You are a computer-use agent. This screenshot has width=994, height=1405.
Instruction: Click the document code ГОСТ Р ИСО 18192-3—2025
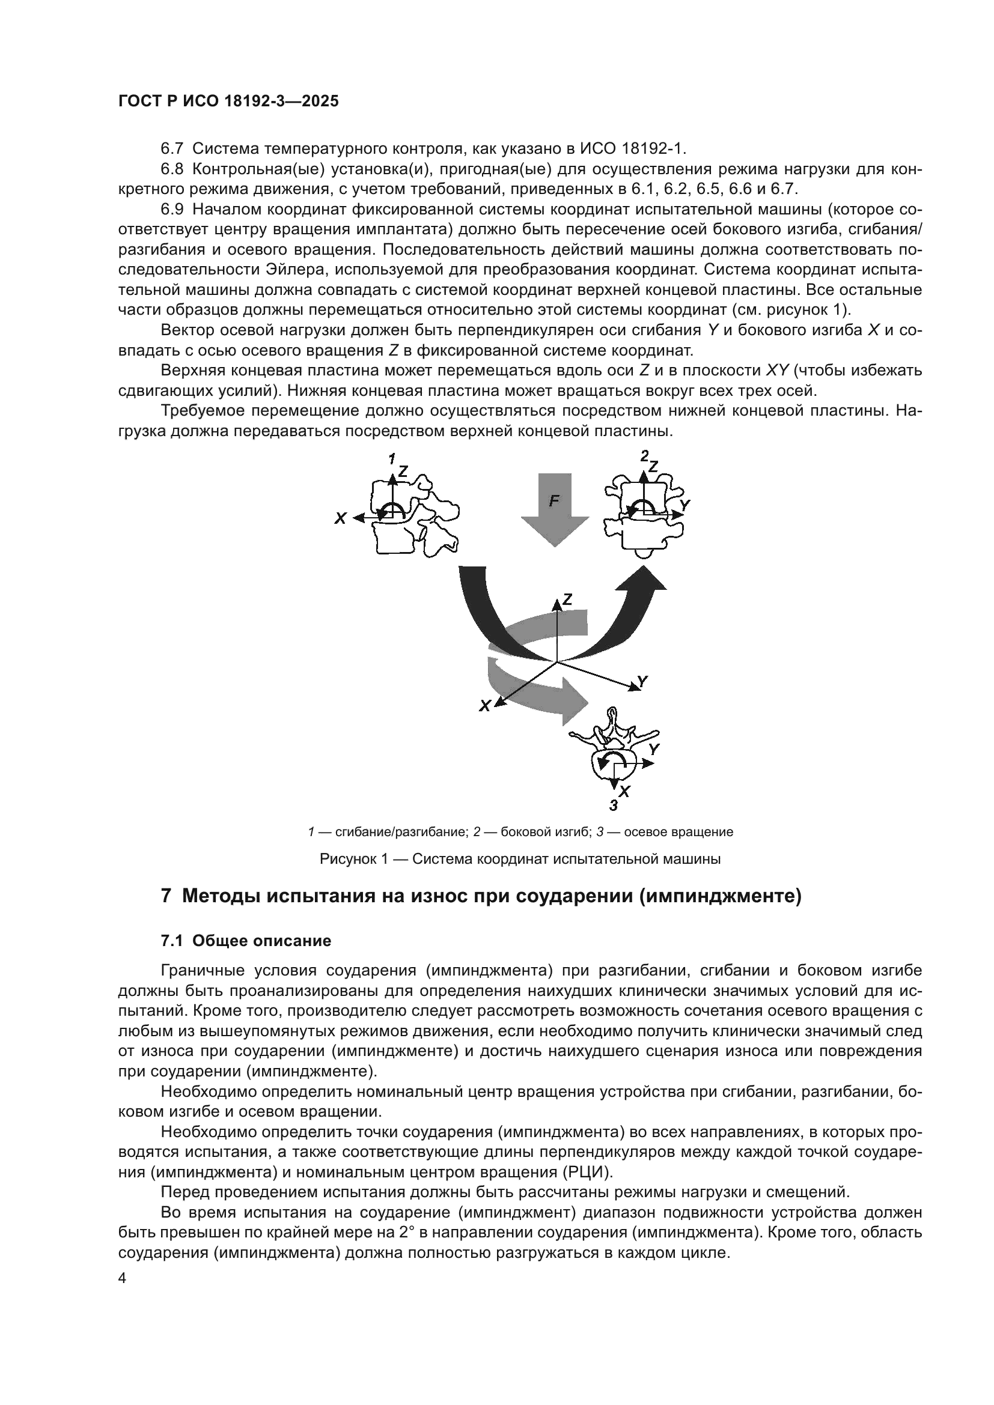point(228,102)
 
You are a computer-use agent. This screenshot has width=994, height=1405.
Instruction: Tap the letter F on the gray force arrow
point(553,500)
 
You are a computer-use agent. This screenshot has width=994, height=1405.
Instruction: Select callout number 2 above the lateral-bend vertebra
point(644,455)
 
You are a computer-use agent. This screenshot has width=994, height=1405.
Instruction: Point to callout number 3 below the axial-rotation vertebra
point(614,806)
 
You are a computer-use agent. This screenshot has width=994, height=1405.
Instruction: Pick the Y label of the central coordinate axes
point(642,681)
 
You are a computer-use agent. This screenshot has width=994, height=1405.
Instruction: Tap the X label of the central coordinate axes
point(485,706)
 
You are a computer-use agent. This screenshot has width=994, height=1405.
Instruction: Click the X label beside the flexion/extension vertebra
point(340,518)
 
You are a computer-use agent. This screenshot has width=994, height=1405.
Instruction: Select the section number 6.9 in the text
point(172,209)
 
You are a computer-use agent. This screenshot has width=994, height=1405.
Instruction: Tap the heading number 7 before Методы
point(165,896)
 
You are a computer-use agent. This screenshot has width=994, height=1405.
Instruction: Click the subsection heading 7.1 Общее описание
point(246,941)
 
